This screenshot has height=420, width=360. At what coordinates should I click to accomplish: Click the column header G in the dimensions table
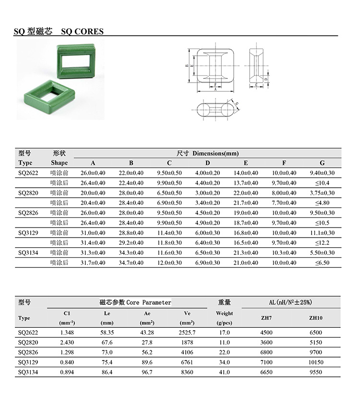(x=322, y=163)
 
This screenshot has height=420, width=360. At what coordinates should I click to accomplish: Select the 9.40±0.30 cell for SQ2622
(x=322, y=173)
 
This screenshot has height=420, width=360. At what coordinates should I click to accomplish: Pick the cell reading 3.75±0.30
(x=322, y=193)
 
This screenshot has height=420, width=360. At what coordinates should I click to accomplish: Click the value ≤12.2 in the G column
(x=322, y=243)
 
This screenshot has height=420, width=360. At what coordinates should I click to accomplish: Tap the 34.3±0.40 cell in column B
(x=131, y=253)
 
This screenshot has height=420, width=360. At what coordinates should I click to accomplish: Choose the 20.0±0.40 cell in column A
(x=93, y=193)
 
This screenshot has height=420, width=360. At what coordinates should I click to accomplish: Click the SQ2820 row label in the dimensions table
(x=28, y=193)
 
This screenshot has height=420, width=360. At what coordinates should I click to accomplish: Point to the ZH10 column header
(x=315, y=318)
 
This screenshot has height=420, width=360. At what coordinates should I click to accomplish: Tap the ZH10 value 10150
(x=315, y=362)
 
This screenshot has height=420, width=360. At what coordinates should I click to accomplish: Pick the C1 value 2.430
(x=67, y=343)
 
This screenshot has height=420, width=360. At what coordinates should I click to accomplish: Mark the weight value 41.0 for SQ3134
(x=224, y=372)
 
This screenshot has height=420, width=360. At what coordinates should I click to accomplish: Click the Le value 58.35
(x=107, y=333)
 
